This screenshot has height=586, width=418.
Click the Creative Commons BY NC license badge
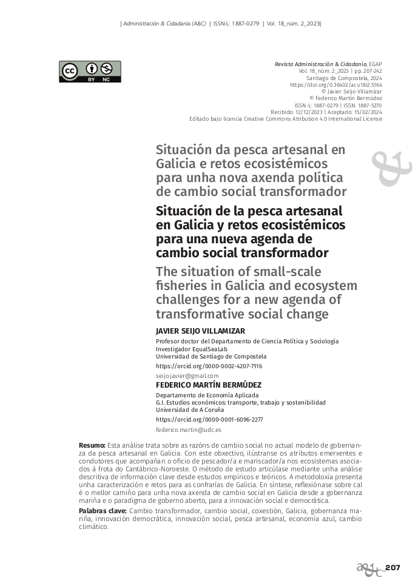point(90,72)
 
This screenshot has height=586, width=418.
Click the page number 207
point(393,568)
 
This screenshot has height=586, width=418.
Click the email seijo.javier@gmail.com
point(187,376)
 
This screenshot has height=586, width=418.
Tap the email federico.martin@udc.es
point(189,429)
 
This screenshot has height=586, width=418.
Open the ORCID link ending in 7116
point(209,366)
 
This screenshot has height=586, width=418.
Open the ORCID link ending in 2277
point(209,419)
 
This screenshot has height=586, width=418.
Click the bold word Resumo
point(92,446)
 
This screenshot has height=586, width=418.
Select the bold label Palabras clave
point(103,511)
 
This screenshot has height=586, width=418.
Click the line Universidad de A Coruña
point(190,410)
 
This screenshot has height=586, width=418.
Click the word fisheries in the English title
point(182,285)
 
